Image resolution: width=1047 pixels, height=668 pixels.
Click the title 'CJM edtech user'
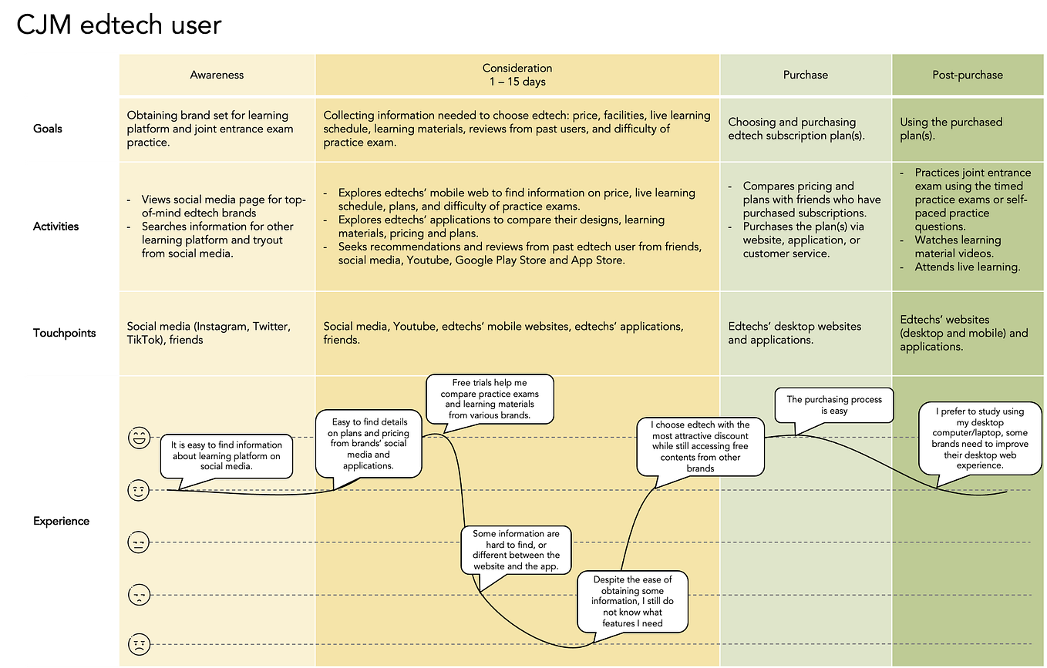click(x=119, y=25)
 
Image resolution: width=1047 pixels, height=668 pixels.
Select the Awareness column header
click(x=217, y=75)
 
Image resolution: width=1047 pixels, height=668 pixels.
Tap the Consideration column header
click(x=517, y=75)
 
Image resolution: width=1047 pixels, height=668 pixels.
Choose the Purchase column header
click(x=806, y=75)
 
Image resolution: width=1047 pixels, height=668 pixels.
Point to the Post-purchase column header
click(x=968, y=75)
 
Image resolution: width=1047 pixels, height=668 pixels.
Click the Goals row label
click(x=48, y=129)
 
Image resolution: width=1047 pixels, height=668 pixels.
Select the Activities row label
click(x=56, y=227)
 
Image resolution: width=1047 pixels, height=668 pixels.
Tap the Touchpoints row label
click(x=65, y=333)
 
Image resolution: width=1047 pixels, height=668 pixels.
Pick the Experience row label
click(x=61, y=521)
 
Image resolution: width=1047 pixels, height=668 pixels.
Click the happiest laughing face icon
click(x=139, y=438)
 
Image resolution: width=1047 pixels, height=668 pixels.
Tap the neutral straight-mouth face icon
click(x=138, y=542)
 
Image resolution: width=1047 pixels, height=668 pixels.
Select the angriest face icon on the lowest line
click(x=139, y=644)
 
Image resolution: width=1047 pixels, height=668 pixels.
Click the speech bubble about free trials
click(x=490, y=399)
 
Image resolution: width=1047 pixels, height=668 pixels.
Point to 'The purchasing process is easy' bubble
click(x=834, y=405)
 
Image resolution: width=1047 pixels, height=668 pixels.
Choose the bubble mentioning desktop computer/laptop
click(x=980, y=438)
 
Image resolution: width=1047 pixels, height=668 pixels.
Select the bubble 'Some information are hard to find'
click(x=516, y=550)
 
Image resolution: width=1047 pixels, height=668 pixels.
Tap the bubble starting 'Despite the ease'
click(x=632, y=601)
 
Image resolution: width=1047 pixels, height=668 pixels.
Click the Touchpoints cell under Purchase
click(x=806, y=334)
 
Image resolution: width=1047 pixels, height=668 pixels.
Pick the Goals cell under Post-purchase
click(x=968, y=129)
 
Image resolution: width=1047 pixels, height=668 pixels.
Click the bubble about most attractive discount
click(x=700, y=447)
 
